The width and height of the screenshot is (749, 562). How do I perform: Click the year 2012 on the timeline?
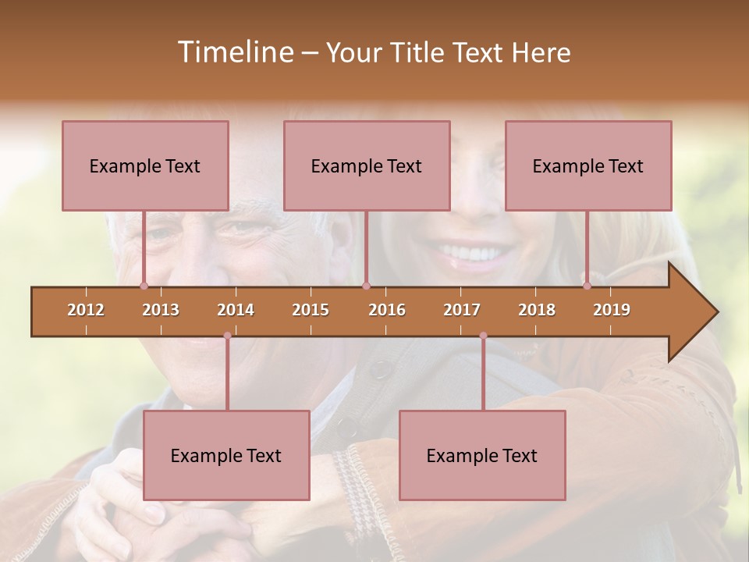[86, 310]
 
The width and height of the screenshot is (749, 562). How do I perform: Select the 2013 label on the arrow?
[161, 310]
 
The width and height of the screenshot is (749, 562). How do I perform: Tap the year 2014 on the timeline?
[236, 310]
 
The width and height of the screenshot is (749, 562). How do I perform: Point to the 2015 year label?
[311, 310]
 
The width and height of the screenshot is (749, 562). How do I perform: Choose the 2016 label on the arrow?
[387, 310]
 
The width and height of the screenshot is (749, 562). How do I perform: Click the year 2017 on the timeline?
[462, 310]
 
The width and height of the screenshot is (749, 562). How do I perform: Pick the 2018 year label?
[537, 310]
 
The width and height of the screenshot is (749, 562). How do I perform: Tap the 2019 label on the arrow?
[612, 310]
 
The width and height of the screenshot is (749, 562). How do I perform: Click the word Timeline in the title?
[233, 52]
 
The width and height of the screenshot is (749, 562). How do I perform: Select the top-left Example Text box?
[145, 165]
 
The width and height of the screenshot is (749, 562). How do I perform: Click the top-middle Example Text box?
[367, 165]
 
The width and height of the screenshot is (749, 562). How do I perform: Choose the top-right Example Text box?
[588, 165]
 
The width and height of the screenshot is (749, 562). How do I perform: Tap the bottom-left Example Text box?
[226, 455]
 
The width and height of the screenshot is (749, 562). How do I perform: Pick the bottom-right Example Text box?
[482, 455]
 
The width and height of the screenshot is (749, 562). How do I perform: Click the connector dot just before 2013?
[144, 286]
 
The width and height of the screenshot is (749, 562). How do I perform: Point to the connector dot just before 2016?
[367, 286]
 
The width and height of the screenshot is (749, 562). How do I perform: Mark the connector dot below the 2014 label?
[227, 336]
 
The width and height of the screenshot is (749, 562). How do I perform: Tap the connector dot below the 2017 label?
[483, 336]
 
